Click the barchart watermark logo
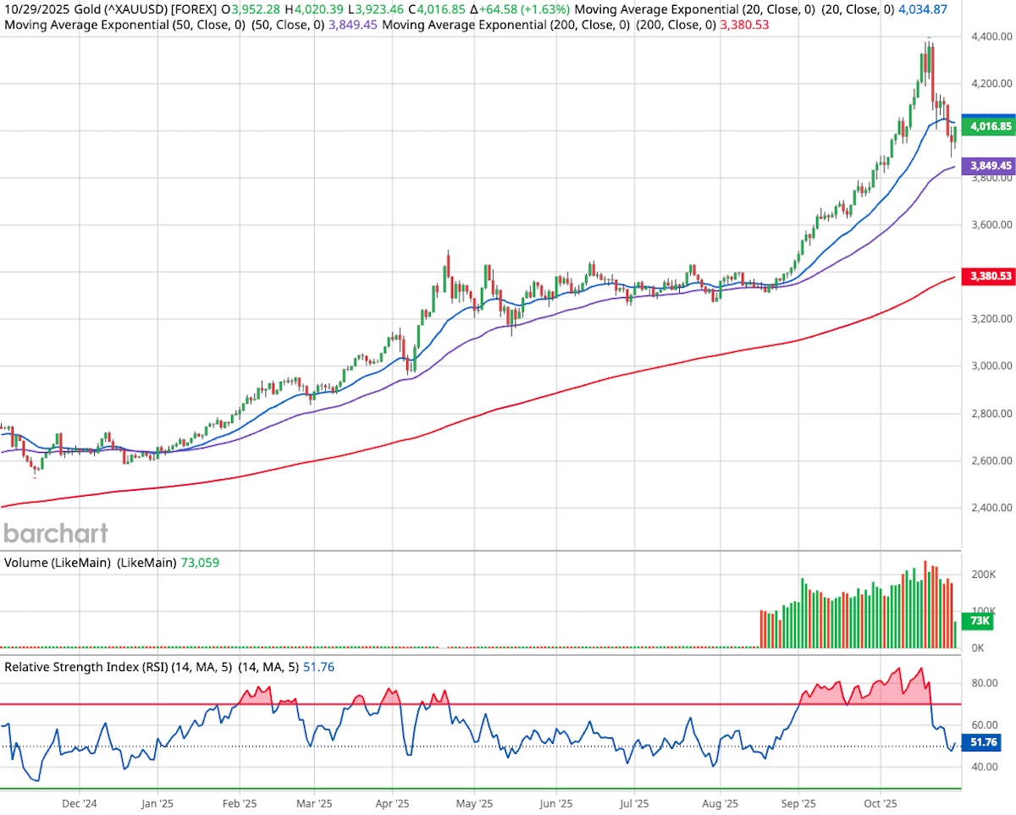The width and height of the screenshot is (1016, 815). pos(56,533)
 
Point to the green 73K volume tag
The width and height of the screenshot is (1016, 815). pos(980,621)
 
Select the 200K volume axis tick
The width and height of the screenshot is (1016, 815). pos(983,575)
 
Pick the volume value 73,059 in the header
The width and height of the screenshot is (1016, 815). pos(200,562)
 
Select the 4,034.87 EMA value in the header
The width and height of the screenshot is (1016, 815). pos(922,9)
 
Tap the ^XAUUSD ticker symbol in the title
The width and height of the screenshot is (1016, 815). pos(134,9)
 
